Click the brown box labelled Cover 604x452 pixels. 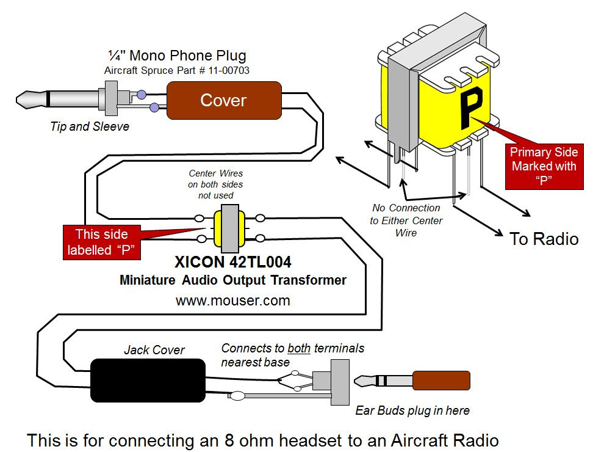click(x=224, y=100)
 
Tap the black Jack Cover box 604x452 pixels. click(x=148, y=381)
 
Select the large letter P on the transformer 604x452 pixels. click(x=471, y=107)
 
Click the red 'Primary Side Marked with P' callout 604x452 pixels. click(x=544, y=166)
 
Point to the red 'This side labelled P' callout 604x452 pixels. click(x=102, y=242)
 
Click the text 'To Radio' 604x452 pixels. click(x=544, y=239)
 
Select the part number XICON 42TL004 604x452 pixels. click(x=232, y=262)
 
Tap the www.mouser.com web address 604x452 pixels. click(x=232, y=301)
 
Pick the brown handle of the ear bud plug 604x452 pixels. click(x=442, y=381)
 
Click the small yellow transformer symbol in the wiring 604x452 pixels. click(x=229, y=228)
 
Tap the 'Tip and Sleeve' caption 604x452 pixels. click(x=90, y=126)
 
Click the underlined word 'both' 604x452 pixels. click(x=299, y=348)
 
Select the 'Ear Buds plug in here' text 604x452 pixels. click(x=412, y=410)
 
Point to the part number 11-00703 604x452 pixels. click(x=229, y=71)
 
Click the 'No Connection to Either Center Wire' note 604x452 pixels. click(x=406, y=221)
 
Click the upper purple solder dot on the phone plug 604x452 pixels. click(x=142, y=95)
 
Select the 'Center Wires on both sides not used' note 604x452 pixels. click(x=216, y=184)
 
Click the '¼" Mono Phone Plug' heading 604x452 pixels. click(x=177, y=56)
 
